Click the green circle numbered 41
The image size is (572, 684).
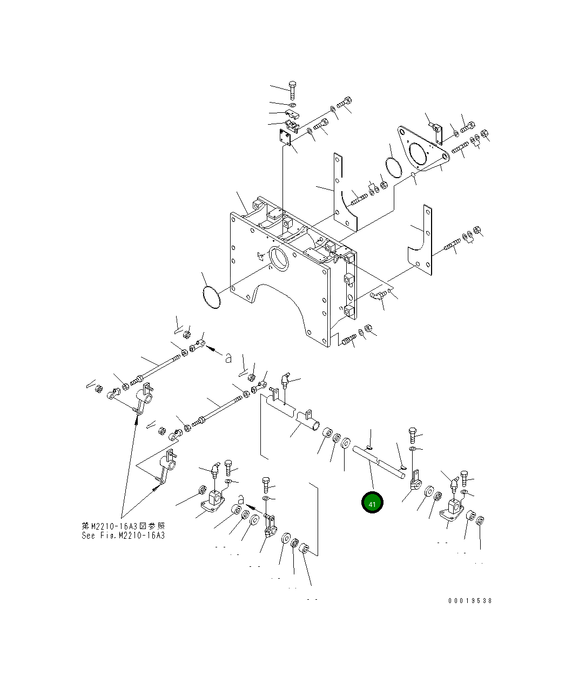(x=372, y=503)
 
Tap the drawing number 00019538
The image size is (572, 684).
(x=469, y=600)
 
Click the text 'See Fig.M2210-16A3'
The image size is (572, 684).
(x=123, y=536)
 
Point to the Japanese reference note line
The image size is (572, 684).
(x=123, y=526)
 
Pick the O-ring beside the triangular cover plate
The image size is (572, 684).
(x=394, y=166)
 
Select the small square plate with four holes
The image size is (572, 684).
(x=286, y=138)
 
